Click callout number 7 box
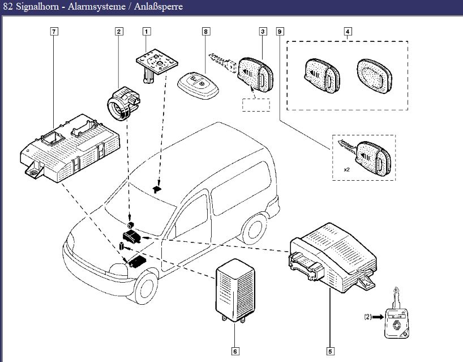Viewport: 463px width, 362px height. click(x=54, y=32)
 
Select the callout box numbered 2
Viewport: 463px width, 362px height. click(x=119, y=32)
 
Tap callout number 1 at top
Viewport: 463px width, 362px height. click(x=147, y=32)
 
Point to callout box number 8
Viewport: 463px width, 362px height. click(x=205, y=32)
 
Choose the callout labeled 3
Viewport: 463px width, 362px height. click(x=263, y=32)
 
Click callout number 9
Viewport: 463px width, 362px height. click(x=279, y=32)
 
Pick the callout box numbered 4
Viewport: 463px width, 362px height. click(x=347, y=32)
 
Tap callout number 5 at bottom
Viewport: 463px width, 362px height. click(x=330, y=351)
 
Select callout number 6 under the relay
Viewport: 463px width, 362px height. click(x=235, y=351)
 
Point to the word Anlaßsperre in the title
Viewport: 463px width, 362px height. click(x=161, y=7)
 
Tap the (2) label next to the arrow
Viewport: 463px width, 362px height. click(x=368, y=317)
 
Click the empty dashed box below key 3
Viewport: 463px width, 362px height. click(x=256, y=104)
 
